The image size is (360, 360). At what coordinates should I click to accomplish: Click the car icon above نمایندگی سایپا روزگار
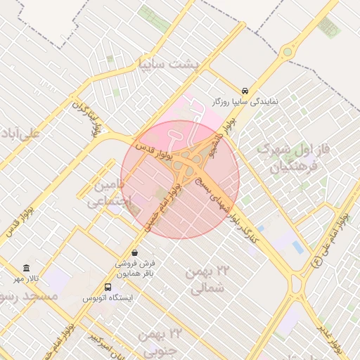tap(244, 91)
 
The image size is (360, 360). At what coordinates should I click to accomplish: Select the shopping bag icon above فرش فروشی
tap(134, 252)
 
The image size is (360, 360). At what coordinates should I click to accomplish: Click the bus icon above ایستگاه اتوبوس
tap(108, 287)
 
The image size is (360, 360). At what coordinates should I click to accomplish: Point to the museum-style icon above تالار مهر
tap(27, 268)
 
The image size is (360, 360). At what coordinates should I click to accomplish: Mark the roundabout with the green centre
tap(287, 51)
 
